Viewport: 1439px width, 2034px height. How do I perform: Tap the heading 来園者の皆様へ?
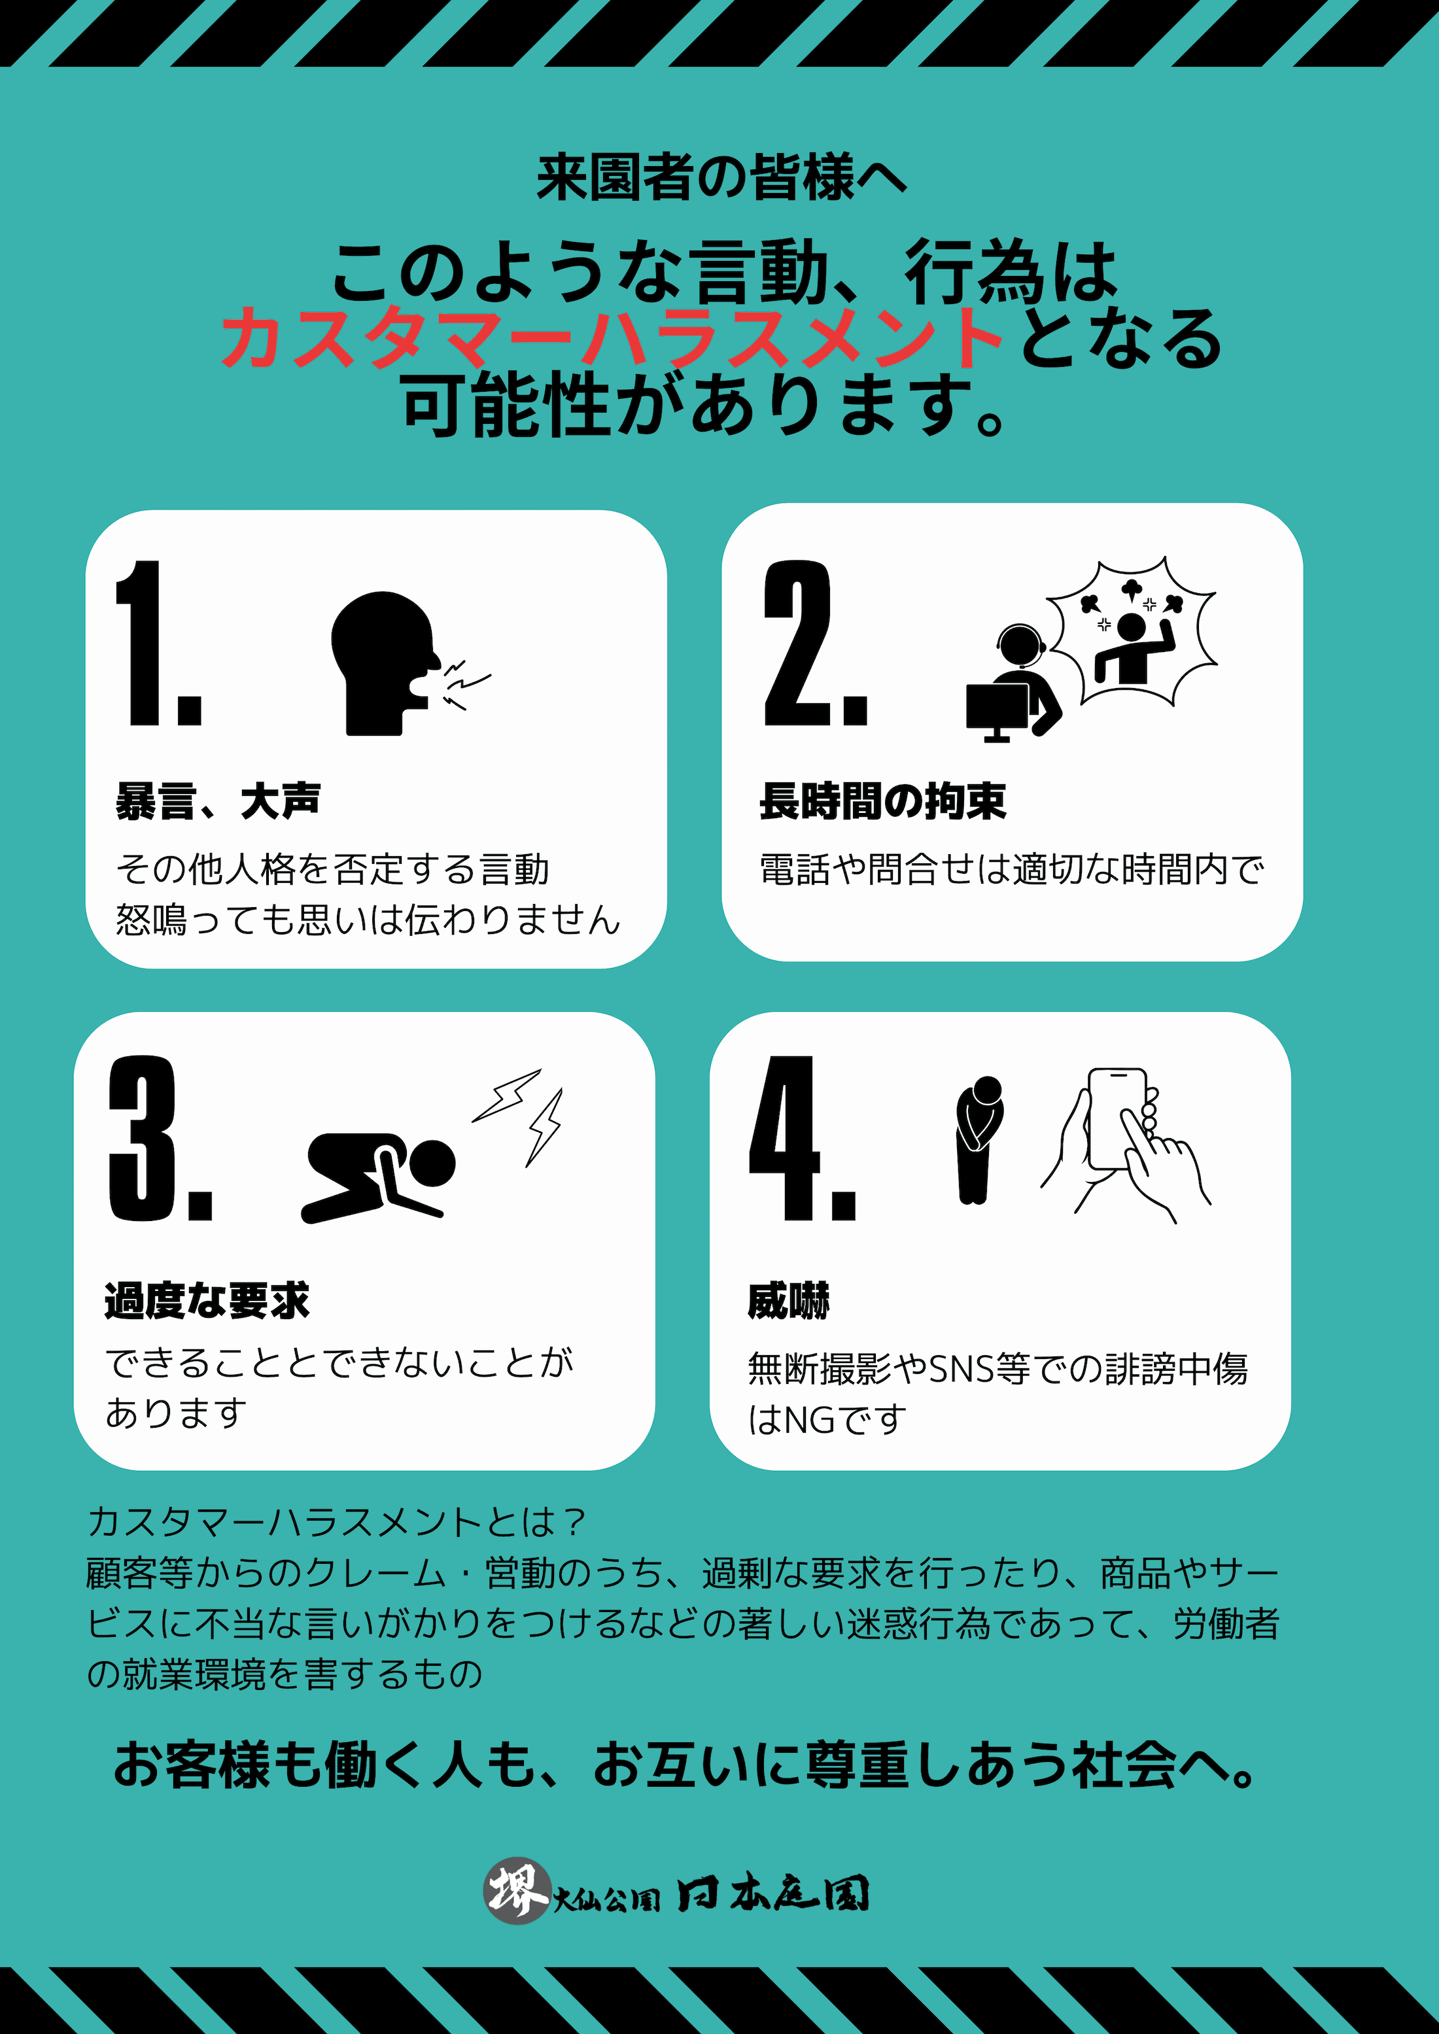point(721,177)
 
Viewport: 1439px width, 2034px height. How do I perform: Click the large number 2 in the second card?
point(797,643)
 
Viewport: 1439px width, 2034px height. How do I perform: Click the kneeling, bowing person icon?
point(378,1177)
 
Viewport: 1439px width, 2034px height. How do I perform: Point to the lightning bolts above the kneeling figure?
point(518,1116)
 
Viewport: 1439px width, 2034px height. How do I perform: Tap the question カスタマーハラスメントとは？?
point(337,1522)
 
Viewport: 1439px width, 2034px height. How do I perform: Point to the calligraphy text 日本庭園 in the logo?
point(772,1894)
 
